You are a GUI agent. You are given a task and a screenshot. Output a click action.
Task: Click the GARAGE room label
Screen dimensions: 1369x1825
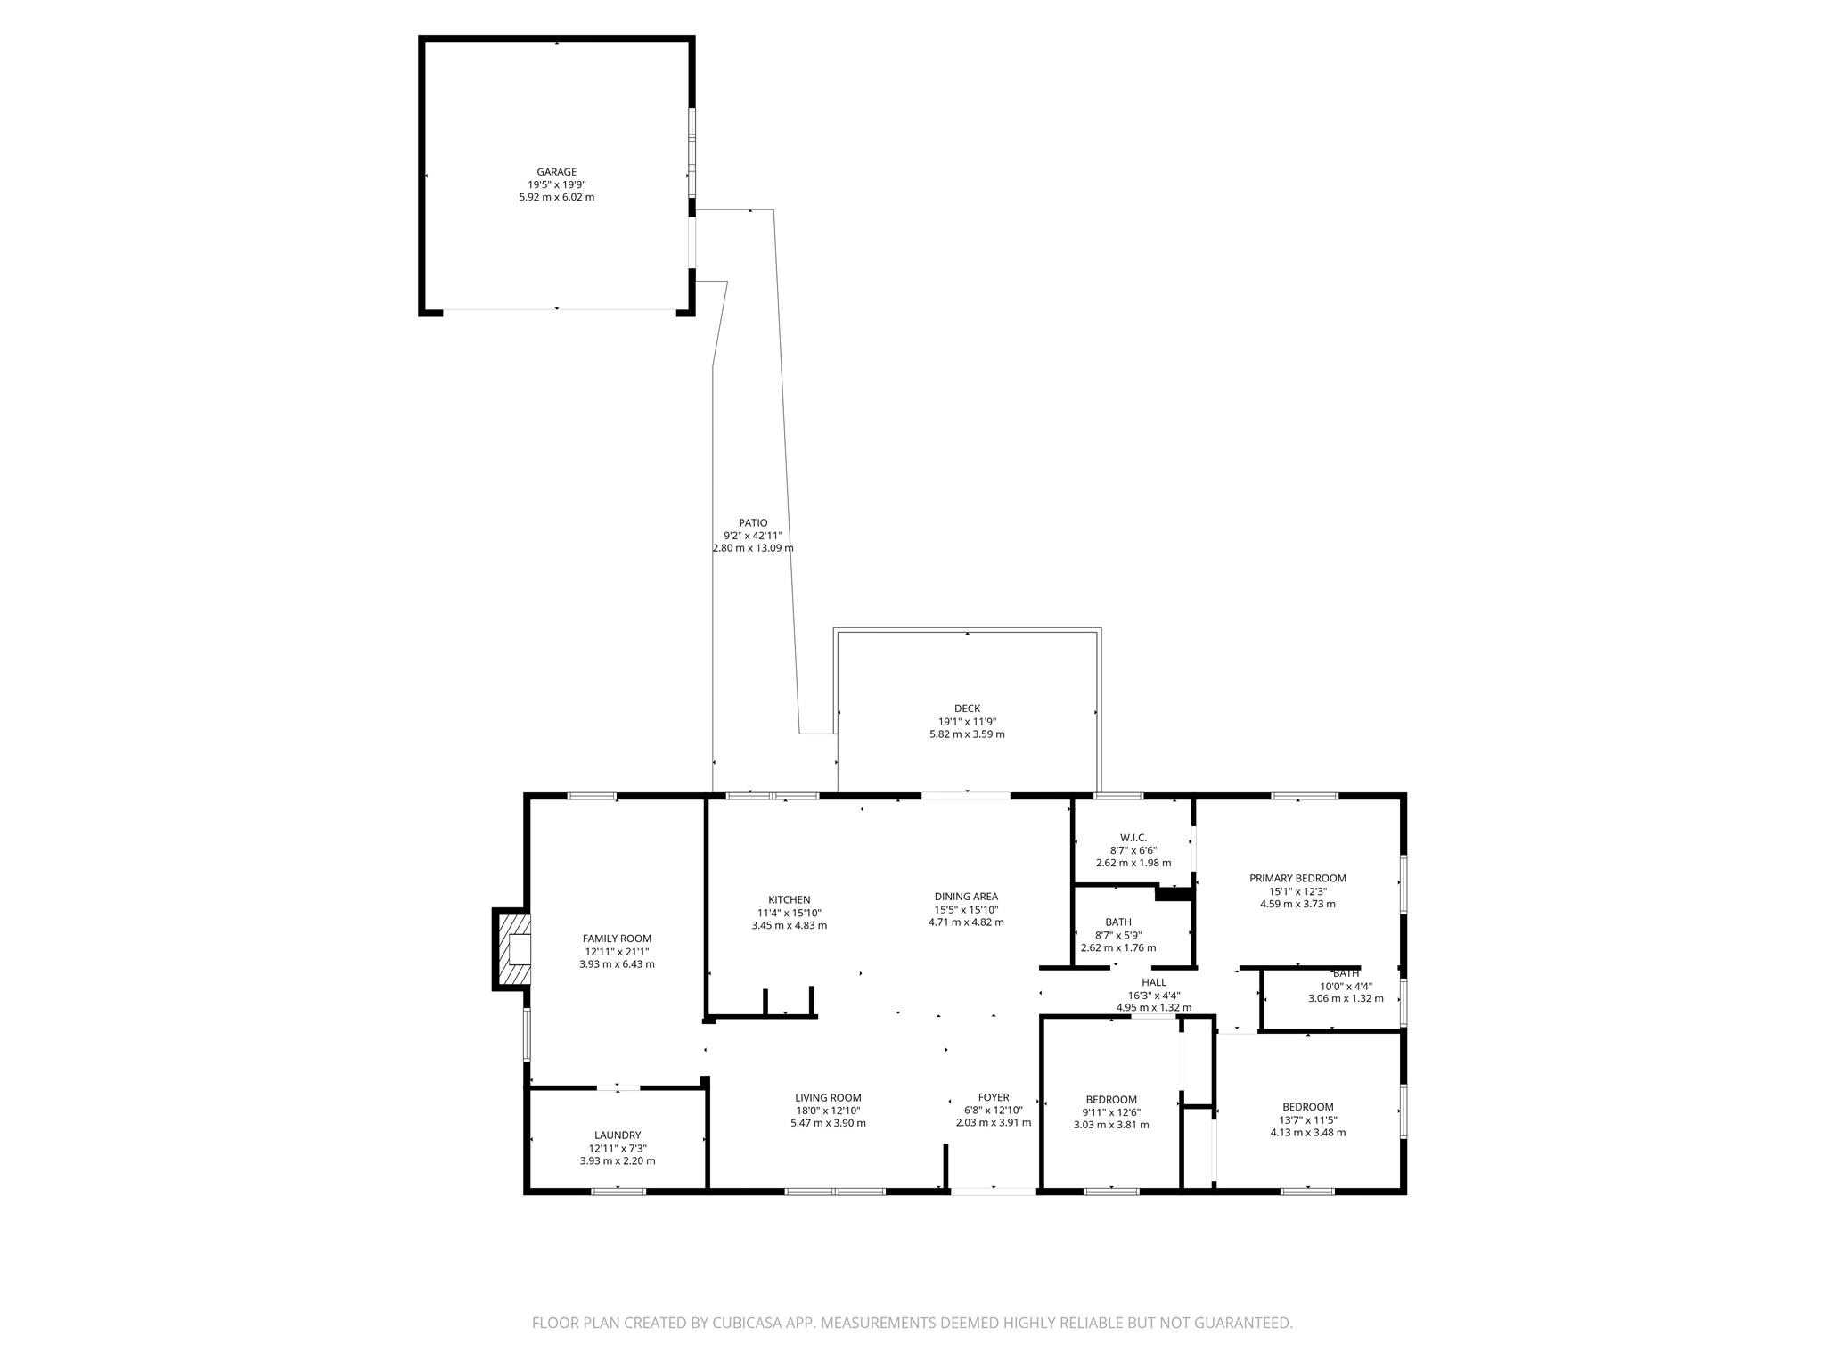click(x=556, y=172)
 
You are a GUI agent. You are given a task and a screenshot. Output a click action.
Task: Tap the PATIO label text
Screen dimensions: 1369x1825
click(x=752, y=523)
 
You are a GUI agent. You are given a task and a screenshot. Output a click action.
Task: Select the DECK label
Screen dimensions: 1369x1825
click(x=966, y=709)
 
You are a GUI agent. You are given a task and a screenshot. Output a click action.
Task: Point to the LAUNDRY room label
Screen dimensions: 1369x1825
click(x=617, y=1135)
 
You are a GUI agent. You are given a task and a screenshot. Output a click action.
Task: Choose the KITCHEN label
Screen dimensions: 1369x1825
click(x=789, y=900)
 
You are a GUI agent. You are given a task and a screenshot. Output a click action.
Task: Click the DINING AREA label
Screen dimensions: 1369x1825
click(x=966, y=897)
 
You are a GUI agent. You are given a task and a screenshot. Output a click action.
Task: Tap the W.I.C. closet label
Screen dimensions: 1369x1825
click(x=1133, y=838)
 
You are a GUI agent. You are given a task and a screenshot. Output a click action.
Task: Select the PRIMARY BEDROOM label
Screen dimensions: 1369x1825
click(x=1297, y=879)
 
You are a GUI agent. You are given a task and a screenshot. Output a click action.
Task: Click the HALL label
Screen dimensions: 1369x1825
click(x=1153, y=983)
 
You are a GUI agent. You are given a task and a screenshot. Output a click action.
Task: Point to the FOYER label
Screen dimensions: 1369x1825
click(x=993, y=1098)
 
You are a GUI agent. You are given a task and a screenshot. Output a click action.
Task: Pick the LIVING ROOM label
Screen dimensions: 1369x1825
click(x=828, y=1098)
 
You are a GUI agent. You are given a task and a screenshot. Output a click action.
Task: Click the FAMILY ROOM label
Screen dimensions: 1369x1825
click(x=617, y=939)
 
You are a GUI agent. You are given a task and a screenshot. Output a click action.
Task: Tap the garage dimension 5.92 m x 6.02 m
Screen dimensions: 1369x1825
click(x=556, y=197)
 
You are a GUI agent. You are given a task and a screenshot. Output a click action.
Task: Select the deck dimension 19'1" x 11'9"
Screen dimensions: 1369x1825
click(x=966, y=722)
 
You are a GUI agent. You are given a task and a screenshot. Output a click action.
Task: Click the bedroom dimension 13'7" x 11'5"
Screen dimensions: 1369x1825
click(x=1307, y=1120)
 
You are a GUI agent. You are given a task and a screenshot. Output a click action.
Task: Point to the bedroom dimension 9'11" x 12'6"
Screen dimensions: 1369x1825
click(x=1110, y=1112)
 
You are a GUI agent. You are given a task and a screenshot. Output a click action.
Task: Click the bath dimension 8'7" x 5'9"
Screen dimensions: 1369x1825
click(x=1117, y=935)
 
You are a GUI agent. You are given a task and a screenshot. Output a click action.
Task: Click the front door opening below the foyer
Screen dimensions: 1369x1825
click(x=993, y=1190)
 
